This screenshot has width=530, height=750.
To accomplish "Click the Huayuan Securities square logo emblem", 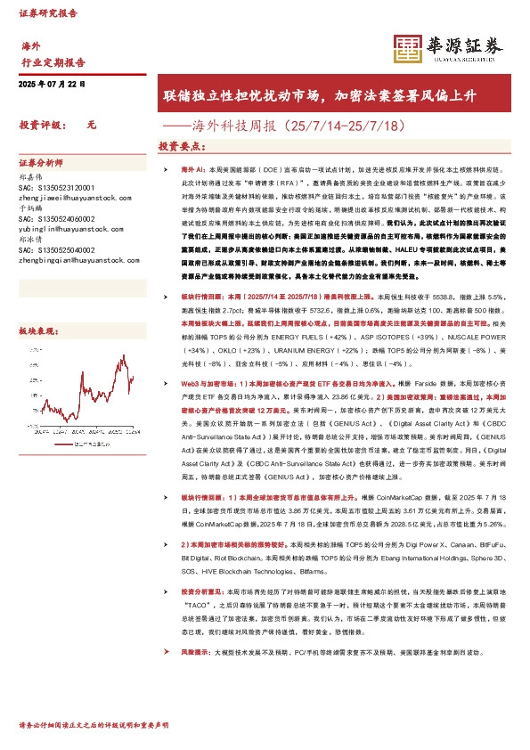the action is coord(407,49).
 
